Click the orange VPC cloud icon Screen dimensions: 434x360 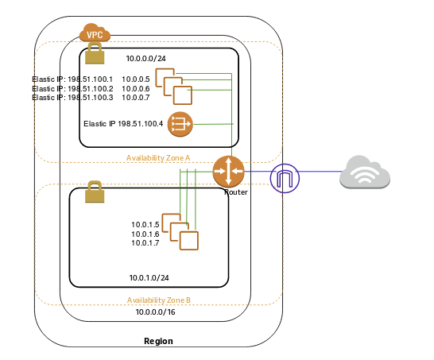pyautogui.click(x=95, y=33)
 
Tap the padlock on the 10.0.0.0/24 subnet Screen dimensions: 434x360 pyautogui.click(x=95, y=53)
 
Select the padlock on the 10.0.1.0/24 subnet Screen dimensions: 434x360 pyautogui.click(x=95, y=192)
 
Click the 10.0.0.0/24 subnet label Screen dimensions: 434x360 pyautogui.click(x=146, y=58)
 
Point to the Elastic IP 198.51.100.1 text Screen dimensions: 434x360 pyautogui.click(x=72, y=79)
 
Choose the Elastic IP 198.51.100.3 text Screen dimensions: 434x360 pyautogui.click(x=72, y=98)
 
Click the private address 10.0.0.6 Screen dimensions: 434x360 pyautogui.click(x=136, y=88)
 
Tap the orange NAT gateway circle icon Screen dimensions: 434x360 pyautogui.click(x=180, y=124)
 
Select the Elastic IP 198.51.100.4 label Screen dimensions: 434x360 pyautogui.click(x=123, y=124)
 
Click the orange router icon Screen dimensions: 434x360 pyautogui.click(x=228, y=172)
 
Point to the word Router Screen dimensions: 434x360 pyautogui.click(x=236, y=192)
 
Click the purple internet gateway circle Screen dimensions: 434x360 pyautogui.click(x=285, y=178)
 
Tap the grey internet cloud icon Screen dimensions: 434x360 pyautogui.click(x=365, y=172)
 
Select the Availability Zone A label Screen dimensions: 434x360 pyautogui.click(x=158, y=158)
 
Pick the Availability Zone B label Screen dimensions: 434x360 pyautogui.click(x=159, y=300)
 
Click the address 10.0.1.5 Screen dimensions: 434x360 pyautogui.click(x=145, y=224)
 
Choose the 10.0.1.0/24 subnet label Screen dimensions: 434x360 pyautogui.click(x=149, y=277)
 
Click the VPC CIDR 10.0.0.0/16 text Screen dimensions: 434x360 pyautogui.click(x=156, y=312)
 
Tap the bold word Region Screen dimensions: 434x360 pyautogui.click(x=159, y=341)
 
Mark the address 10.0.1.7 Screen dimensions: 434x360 pyautogui.click(x=145, y=242)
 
